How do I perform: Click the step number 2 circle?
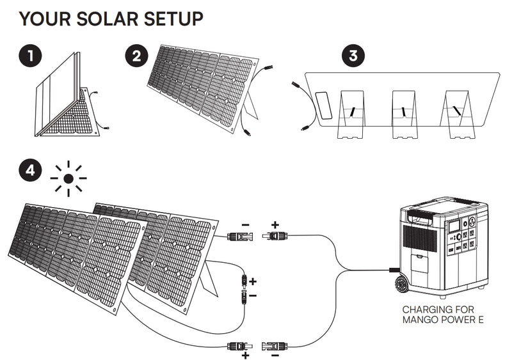point(136,56)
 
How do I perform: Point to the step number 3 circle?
point(351,56)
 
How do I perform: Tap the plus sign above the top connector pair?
point(275,225)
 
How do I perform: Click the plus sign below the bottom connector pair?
point(245,354)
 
